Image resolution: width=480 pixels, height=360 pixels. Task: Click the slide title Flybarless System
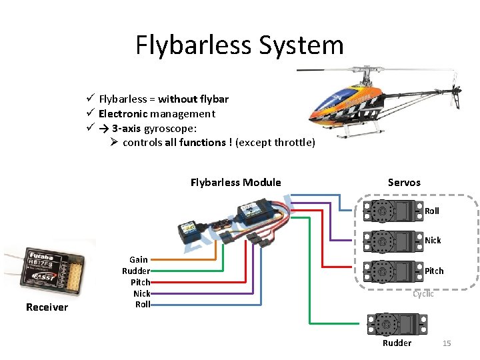(239, 45)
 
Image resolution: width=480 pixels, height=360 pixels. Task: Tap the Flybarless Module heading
(235, 183)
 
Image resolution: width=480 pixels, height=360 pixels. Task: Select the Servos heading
(404, 182)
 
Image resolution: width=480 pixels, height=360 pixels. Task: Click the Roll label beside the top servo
(432, 211)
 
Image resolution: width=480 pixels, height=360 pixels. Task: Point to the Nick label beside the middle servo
(433, 241)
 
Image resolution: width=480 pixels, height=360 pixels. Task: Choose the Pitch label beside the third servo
(434, 271)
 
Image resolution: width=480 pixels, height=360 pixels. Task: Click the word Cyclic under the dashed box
(423, 294)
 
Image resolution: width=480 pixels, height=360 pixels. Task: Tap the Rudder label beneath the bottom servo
(397, 343)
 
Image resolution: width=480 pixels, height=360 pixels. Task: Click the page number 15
(447, 343)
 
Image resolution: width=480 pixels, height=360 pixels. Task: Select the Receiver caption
(47, 307)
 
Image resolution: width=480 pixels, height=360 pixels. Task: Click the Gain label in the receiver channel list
(139, 259)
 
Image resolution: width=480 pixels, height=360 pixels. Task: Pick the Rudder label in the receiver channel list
(136, 271)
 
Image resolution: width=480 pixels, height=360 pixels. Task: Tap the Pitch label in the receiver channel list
(140, 282)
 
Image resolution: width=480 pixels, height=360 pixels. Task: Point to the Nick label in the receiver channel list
(141, 293)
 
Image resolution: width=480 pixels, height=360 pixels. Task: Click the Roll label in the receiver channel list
(143, 305)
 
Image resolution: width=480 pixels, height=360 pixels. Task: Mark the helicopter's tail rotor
(456, 95)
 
